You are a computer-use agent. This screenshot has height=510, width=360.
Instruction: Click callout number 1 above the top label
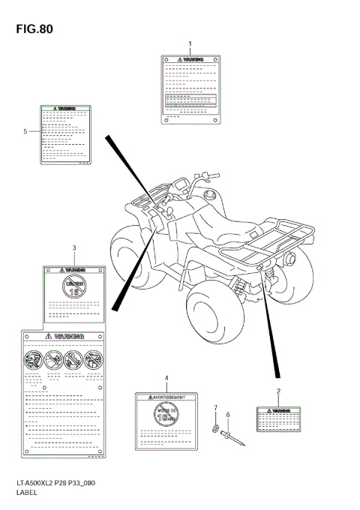click(190, 43)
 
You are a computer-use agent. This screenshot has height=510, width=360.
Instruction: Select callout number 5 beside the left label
click(25, 131)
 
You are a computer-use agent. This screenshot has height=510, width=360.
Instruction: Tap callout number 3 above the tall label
click(74, 247)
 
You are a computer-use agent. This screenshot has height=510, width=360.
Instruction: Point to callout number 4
click(166, 378)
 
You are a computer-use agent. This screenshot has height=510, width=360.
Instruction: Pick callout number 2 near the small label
click(278, 391)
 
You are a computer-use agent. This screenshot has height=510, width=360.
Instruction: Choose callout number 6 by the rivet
click(228, 414)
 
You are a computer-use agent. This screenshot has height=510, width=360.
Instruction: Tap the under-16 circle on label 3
click(73, 285)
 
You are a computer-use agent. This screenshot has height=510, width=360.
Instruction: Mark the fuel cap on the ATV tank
click(209, 196)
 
